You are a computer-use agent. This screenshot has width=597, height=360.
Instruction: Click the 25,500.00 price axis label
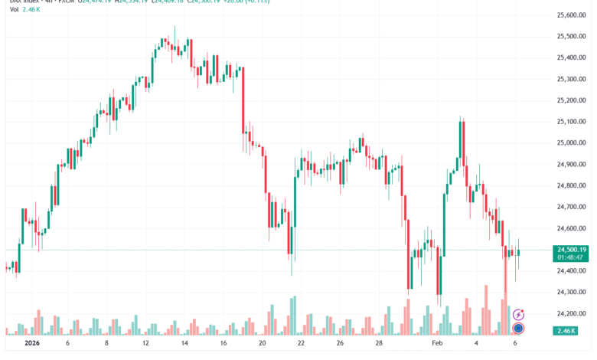pyautogui.click(x=571, y=36)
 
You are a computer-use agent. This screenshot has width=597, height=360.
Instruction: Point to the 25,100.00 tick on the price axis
pyautogui.click(x=571, y=121)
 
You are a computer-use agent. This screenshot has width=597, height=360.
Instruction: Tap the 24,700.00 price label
pyautogui.click(x=571, y=207)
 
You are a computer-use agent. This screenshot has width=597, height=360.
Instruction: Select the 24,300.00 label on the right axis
pyautogui.click(x=571, y=292)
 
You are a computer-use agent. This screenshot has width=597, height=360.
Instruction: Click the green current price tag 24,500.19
pyautogui.click(x=572, y=250)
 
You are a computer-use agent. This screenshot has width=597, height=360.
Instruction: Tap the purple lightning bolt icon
pyautogui.click(x=518, y=314)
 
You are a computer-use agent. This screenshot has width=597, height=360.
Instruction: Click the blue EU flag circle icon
pyautogui.click(x=518, y=329)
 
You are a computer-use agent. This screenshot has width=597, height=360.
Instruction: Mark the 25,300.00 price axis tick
pyautogui.click(x=571, y=79)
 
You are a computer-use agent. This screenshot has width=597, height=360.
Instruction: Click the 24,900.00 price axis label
pyautogui.click(x=571, y=164)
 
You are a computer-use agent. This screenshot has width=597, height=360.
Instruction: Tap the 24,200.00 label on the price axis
pyautogui.click(x=571, y=313)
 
